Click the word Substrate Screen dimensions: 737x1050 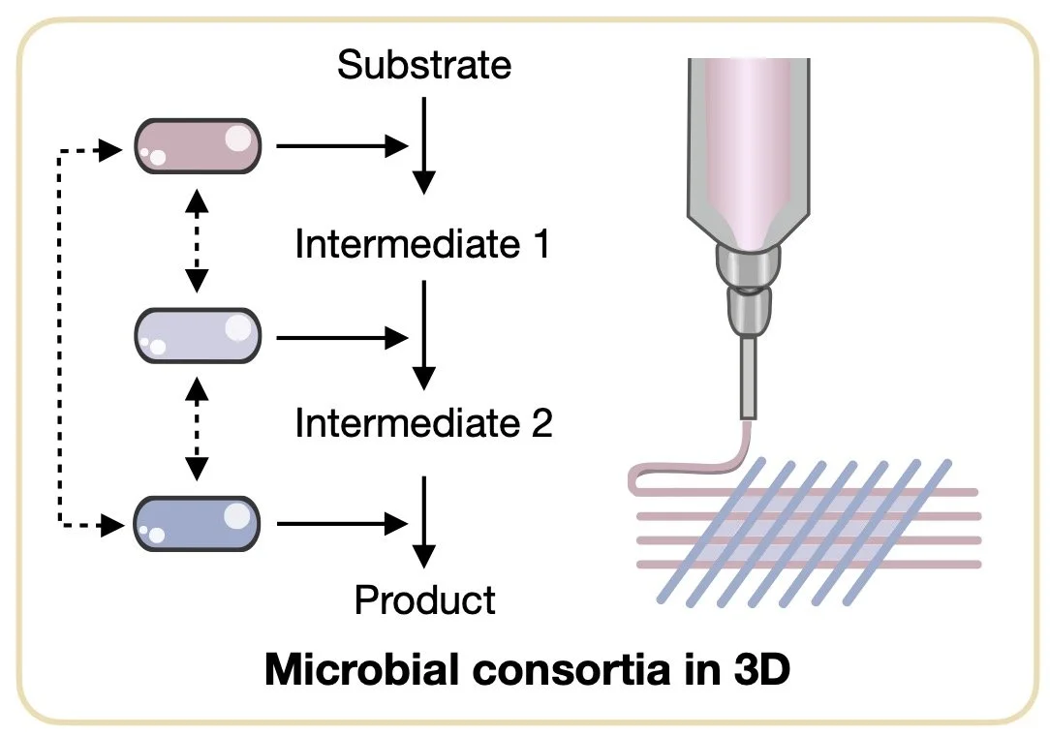tap(423, 66)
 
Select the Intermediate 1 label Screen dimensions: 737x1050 tap(422, 244)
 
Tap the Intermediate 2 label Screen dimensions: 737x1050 tap(423, 423)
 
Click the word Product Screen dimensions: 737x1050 tap(424, 600)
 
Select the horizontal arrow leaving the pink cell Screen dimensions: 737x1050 tap(339, 146)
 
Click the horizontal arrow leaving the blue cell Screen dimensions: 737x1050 tap(339, 524)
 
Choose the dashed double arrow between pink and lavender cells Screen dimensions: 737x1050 tap(198, 240)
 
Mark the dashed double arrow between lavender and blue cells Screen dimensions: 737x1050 tap(198, 429)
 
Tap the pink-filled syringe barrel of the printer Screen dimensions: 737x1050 tap(748, 136)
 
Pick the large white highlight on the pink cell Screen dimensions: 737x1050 tap(237, 138)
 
